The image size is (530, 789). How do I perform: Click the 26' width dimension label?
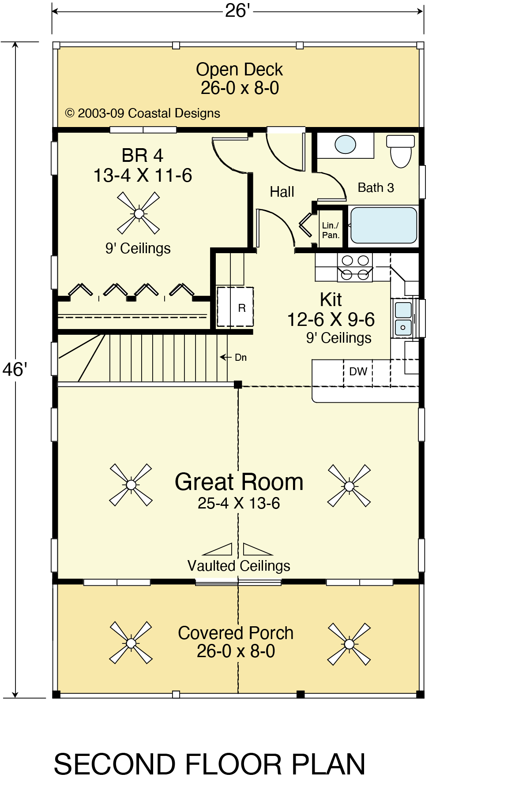[x=237, y=11]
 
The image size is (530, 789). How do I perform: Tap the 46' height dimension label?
[x=15, y=370]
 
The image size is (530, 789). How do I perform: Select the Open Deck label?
[x=240, y=70]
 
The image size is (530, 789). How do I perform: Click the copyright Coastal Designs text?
[x=143, y=113]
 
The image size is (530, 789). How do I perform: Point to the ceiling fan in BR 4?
[x=139, y=213]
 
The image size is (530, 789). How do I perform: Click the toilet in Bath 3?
[x=401, y=151]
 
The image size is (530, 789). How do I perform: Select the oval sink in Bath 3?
[x=345, y=145]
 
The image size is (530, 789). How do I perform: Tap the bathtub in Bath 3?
[x=383, y=225]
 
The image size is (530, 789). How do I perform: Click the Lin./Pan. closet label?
[x=331, y=230]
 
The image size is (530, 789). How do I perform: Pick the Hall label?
[x=282, y=192]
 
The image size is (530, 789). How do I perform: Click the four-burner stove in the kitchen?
[x=355, y=267]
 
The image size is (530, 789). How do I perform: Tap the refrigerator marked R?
[x=235, y=307]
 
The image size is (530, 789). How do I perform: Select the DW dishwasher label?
[x=358, y=371]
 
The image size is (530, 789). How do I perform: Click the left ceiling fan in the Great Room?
[x=131, y=485]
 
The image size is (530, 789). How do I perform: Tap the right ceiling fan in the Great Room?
[x=349, y=486]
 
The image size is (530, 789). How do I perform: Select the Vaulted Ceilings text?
[x=239, y=566]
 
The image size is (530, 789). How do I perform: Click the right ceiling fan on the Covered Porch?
[x=349, y=644]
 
